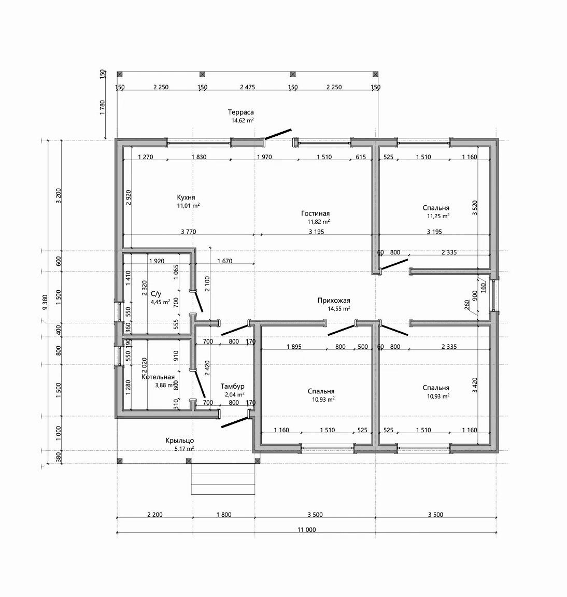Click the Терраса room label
240,112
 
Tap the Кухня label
186,197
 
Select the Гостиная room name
315,214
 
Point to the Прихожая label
334,301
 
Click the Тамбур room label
232,387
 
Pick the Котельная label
158,377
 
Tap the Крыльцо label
179,441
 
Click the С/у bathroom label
156,294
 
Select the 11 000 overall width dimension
306,530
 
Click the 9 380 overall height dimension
45,302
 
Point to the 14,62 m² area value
243,120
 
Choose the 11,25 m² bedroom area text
438,216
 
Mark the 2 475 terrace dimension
248,87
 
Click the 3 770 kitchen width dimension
189,232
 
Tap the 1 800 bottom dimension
224,515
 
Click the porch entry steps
223,479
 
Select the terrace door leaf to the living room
278,134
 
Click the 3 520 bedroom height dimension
474,208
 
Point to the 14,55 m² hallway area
339,309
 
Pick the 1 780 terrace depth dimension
102,108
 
